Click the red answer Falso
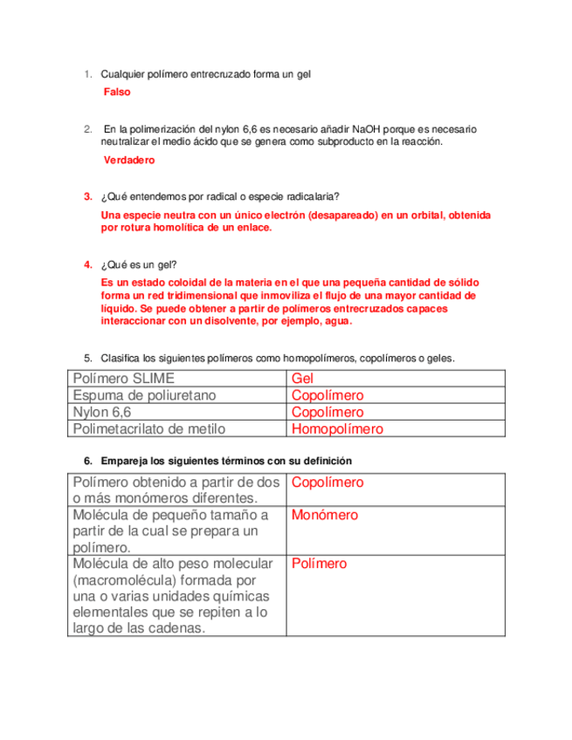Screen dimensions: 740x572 (116, 92)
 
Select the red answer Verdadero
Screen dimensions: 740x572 (128, 161)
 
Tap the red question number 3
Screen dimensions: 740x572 (87, 195)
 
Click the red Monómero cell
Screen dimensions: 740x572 (325, 515)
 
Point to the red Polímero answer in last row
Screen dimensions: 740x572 (319, 564)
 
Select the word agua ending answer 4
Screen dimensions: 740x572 (336, 320)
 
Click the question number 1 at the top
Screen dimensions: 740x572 (87, 75)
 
